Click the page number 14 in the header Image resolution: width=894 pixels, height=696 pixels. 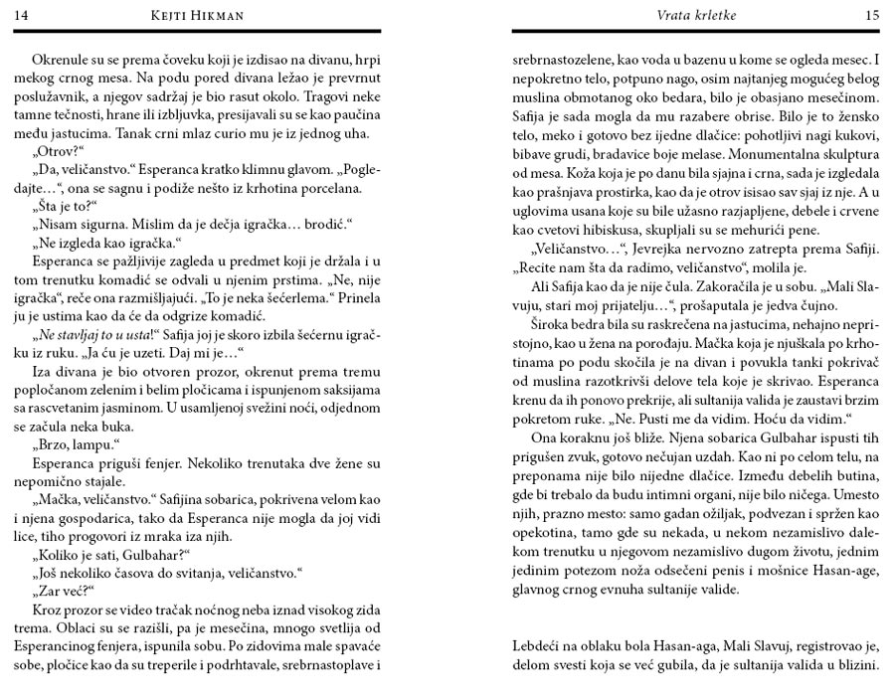(21, 15)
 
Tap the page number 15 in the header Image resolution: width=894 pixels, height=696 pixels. (872, 15)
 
